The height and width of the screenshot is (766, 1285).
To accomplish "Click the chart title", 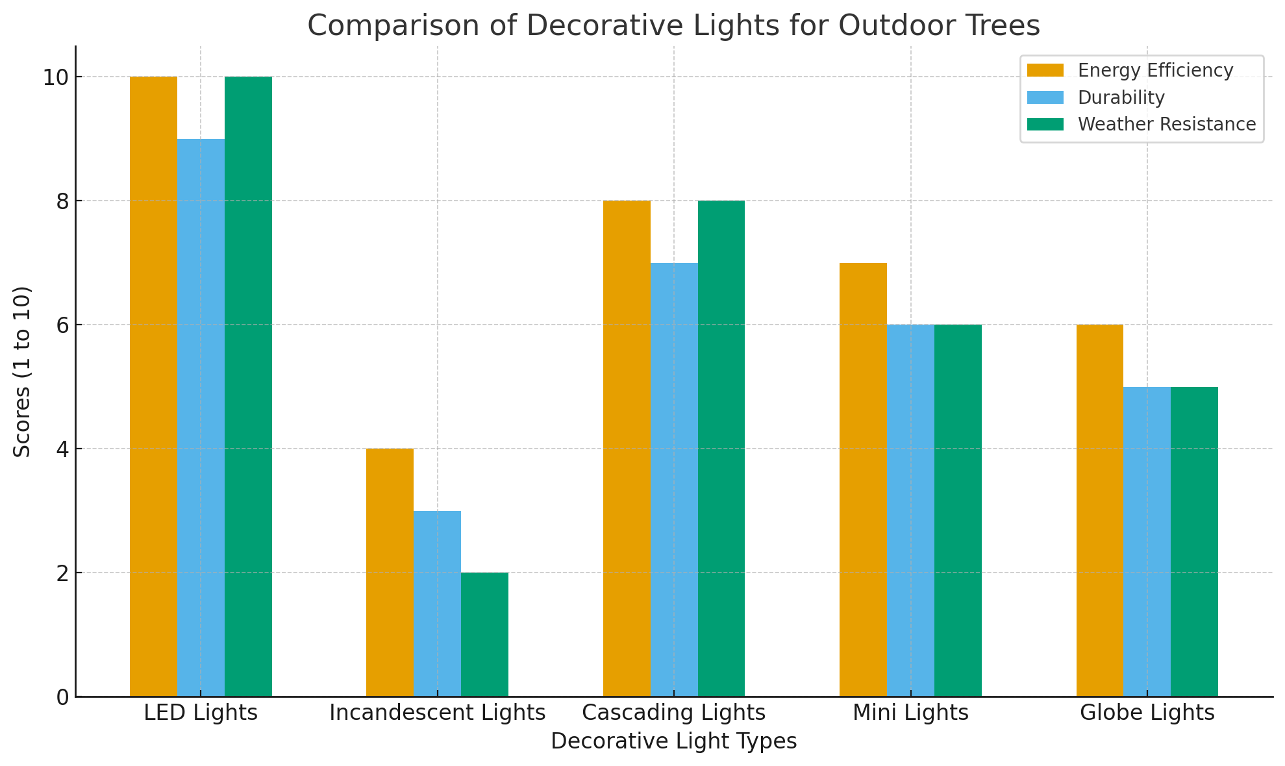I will coord(673,26).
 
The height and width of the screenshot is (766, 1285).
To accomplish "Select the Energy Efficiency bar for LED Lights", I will coord(153,386).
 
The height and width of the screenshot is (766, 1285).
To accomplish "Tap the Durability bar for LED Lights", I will coord(201,417).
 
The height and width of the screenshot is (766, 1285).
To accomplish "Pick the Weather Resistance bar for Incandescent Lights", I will coord(484,634).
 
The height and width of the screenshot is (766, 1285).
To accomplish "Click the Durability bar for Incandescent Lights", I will coord(437,604).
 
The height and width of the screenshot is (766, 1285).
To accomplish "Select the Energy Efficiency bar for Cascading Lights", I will coord(627,449).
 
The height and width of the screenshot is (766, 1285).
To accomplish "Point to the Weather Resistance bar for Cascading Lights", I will coord(721,449).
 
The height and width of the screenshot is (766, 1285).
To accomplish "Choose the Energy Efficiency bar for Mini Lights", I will coord(863,480).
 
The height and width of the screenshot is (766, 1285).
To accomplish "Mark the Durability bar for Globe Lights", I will coord(1147,541).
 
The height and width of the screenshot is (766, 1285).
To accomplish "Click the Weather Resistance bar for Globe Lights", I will coord(1194,541).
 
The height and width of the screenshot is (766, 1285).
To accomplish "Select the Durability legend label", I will coord(1121,97).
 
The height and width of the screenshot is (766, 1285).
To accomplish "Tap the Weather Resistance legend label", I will coord(1167,124).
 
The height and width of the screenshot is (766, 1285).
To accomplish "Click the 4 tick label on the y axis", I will coord(61,449).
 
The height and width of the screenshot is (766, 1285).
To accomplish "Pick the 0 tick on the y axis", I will coord(61,697).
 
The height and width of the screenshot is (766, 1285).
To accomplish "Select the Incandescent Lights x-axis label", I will coord(437,713).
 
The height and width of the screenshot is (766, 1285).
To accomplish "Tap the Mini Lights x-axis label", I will coord(910,713).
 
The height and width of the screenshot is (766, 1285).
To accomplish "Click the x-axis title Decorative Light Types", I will coord(673,741).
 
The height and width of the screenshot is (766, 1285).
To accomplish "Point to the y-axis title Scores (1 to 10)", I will coord(23,371).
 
